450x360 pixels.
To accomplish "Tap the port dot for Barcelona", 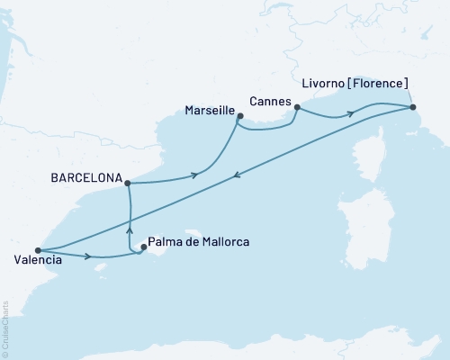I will pyautogui.click(x=127, y=184).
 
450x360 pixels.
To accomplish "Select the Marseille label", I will pyautogui.click(x=209, y=112).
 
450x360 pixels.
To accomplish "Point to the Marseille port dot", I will pyautogui.click(x=239, y=115).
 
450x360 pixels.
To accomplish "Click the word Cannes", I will pyautogui.click(x=270, y=102).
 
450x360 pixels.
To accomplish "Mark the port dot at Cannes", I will pyautogui.click(x=297, y=107).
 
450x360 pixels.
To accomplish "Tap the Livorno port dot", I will pyautogui.click(x=412, y=107).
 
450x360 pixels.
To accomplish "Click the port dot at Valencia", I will pyautogui.click(x=37, y=250).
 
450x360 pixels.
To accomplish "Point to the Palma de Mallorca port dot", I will pyautogui.click(x=144, y=247).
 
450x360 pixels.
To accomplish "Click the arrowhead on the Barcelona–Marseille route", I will pyautogui.click(x=195, y=175).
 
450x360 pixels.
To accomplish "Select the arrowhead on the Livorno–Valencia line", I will pyautogui.click(x=236, y=177).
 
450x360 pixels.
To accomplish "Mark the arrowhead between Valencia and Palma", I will pyautogui.click(x=88, y=256).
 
